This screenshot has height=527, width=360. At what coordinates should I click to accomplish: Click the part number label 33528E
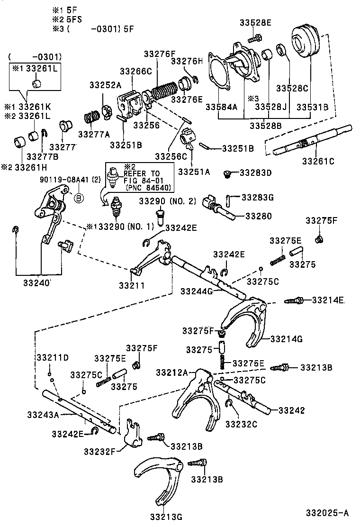[256, 23]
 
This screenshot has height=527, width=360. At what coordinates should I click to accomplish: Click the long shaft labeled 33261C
[313, 141]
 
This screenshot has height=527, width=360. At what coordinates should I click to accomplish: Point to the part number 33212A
[172, 372]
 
